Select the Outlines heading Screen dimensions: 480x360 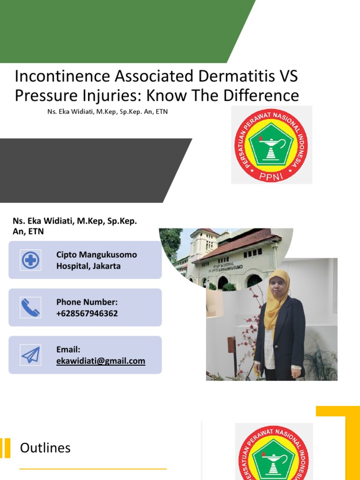(x=45, y=448)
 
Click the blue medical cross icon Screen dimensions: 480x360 (x=31, y=260)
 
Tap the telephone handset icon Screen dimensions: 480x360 (x=31, y=307)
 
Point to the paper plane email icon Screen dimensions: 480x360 (x=31, y=355)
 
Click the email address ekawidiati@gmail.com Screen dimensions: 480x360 (x=100, y=361)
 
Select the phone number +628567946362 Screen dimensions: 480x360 (x=87, y=314)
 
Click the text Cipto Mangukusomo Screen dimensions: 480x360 (x=97, y=255)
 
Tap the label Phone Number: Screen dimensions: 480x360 (x=87, y=302)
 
